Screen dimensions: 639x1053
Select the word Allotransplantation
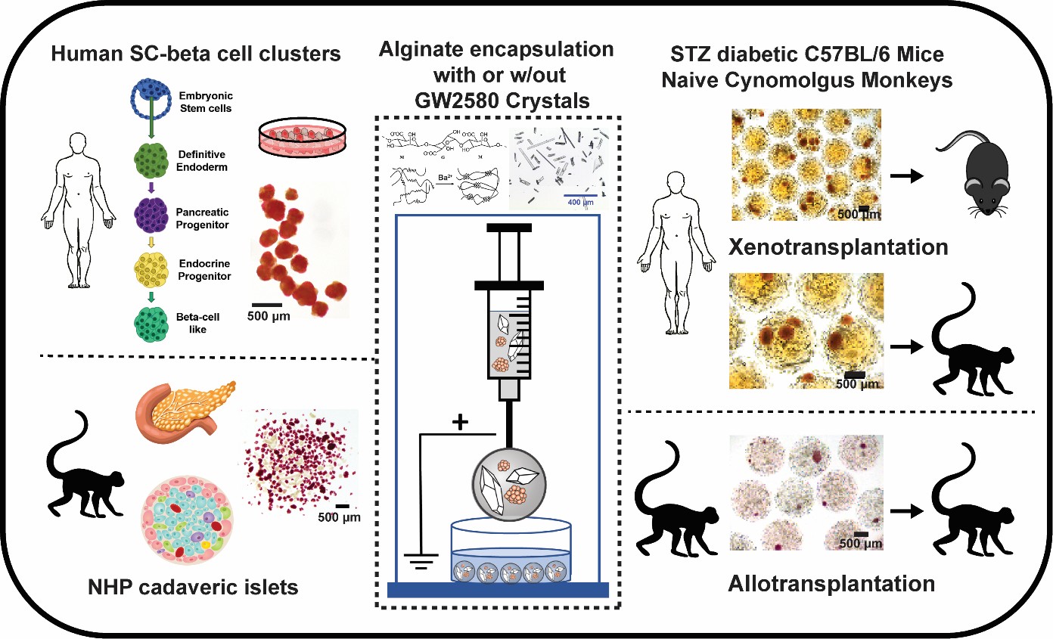pyautogui.click(x=833, y=583)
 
